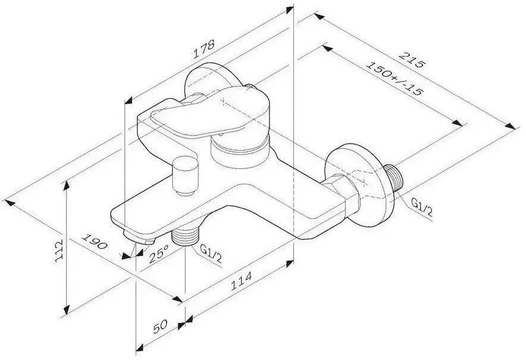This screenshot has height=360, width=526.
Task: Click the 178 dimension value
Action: coord(203,49)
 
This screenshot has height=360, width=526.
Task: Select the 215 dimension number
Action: coord(411,60)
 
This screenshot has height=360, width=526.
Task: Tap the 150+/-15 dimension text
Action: coord(393,78)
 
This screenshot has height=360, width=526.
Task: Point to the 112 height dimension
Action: coord(59,251)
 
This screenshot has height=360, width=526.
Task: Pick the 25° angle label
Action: coord(158,253)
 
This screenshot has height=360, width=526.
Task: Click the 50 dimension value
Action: coord(160,327)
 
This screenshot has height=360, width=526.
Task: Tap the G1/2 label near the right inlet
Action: coord(422,207)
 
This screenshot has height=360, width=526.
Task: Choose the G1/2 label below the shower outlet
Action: coord(211,253)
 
